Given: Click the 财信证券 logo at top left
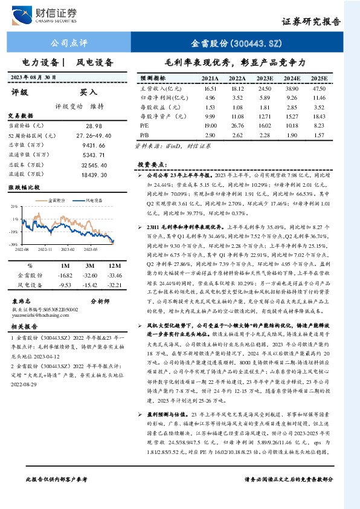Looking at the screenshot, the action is tap(48, 13).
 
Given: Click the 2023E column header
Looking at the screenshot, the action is tap(264, 79).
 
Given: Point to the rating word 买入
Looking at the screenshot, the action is tap(88, 92).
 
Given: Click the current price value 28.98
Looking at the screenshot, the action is tap(94, 125).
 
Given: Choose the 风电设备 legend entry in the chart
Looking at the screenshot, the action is tap(93, 199).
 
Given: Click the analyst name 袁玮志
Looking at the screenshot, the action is tap(22, 300).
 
